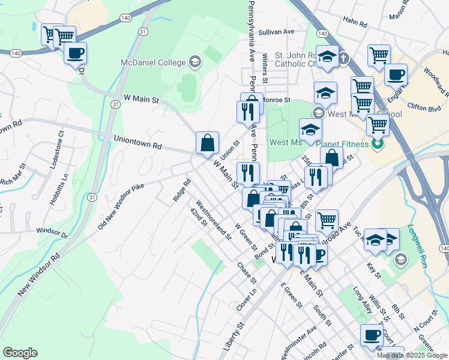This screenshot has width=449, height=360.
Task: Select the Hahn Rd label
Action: click(x=355, y=23)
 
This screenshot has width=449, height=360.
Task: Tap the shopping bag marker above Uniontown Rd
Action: click(x=207, y=143)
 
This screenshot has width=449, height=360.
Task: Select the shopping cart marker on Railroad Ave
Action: click(x=326, y=220)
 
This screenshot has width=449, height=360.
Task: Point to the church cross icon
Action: click(x=343, y=59)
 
